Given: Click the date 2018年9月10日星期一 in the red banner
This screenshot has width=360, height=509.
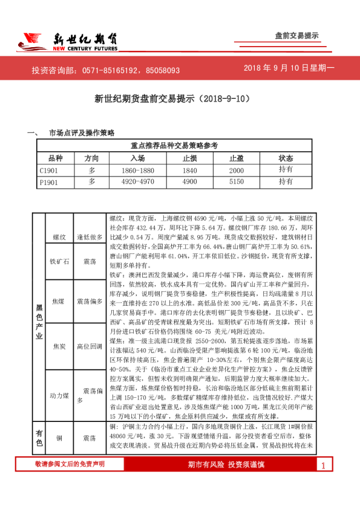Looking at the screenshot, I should coord(289,70).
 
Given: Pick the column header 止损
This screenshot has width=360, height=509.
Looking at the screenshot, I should coord(190,158).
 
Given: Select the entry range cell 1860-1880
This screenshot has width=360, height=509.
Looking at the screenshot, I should coord(138,170).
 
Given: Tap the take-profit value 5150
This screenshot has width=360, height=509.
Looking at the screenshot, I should coord(236,181).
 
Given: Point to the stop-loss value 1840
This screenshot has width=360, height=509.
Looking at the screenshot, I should coord(190,170).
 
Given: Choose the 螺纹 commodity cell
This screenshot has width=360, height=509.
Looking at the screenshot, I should coord(59,238).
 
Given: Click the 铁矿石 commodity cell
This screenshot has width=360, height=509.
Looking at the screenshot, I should coord(59,262).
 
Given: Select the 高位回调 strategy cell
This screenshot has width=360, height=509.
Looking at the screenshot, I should coord(90,346).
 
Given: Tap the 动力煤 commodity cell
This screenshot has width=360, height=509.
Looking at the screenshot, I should coord(59,395).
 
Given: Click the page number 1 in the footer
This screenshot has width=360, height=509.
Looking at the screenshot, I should coord(323,482).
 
